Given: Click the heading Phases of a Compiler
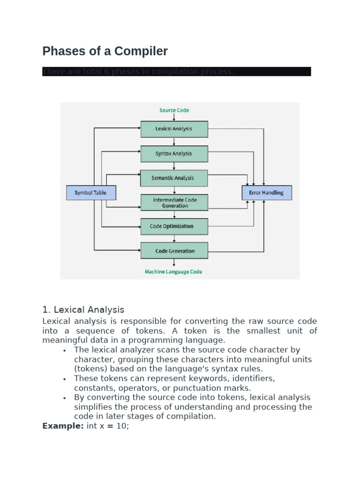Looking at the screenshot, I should [x=105, y=51].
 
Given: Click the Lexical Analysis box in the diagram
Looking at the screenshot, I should [x=174, y=129].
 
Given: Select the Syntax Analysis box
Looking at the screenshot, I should [x=174, y=153].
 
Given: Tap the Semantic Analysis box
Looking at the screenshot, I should [x=174, y=178].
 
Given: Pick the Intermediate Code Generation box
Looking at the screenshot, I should [x=174, y=202].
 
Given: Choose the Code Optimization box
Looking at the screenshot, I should [x=174, y=226].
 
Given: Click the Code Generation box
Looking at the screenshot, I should [x=174, y=251].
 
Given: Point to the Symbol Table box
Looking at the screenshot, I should [x=91, y=193].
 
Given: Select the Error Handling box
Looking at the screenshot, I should [x=266, y=193].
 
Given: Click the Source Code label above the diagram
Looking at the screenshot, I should [x=174, y=110].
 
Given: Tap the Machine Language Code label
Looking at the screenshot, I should [x=174, y=272].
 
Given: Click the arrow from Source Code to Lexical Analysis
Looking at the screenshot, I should [x=174, y=117].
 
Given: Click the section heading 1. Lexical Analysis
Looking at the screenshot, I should [x=83, y=310].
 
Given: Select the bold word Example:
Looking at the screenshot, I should [x=63, y=426].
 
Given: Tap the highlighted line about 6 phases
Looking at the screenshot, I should [x=176, y=72].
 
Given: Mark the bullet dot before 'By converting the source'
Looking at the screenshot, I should [x=63, y=398].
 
